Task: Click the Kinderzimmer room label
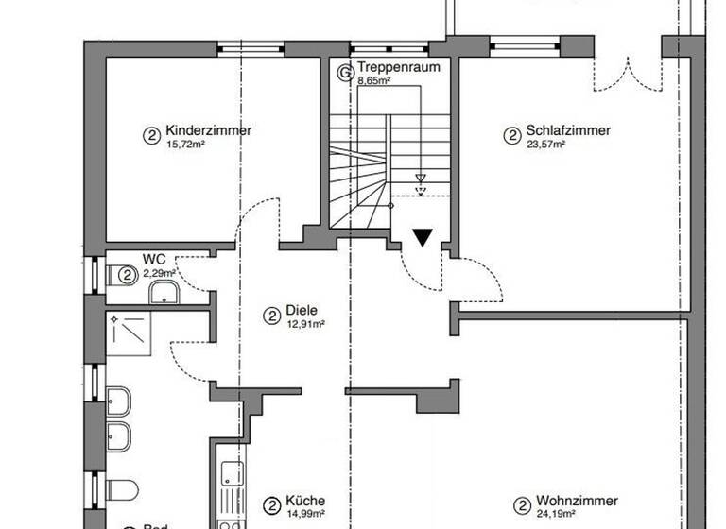(x=208, y=131)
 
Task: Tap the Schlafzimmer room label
(x=568, y=131)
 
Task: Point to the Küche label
(x=306, y=502)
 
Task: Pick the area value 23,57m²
(x=545, y=145)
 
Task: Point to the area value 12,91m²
(x=305, y=324)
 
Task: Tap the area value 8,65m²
(x=374, y=81)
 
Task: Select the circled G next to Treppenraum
(x=347, y=69)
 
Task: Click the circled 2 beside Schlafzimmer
(x=511, y=135)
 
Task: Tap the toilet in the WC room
(x=124, y=275)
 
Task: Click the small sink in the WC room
(x=164, y=293)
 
